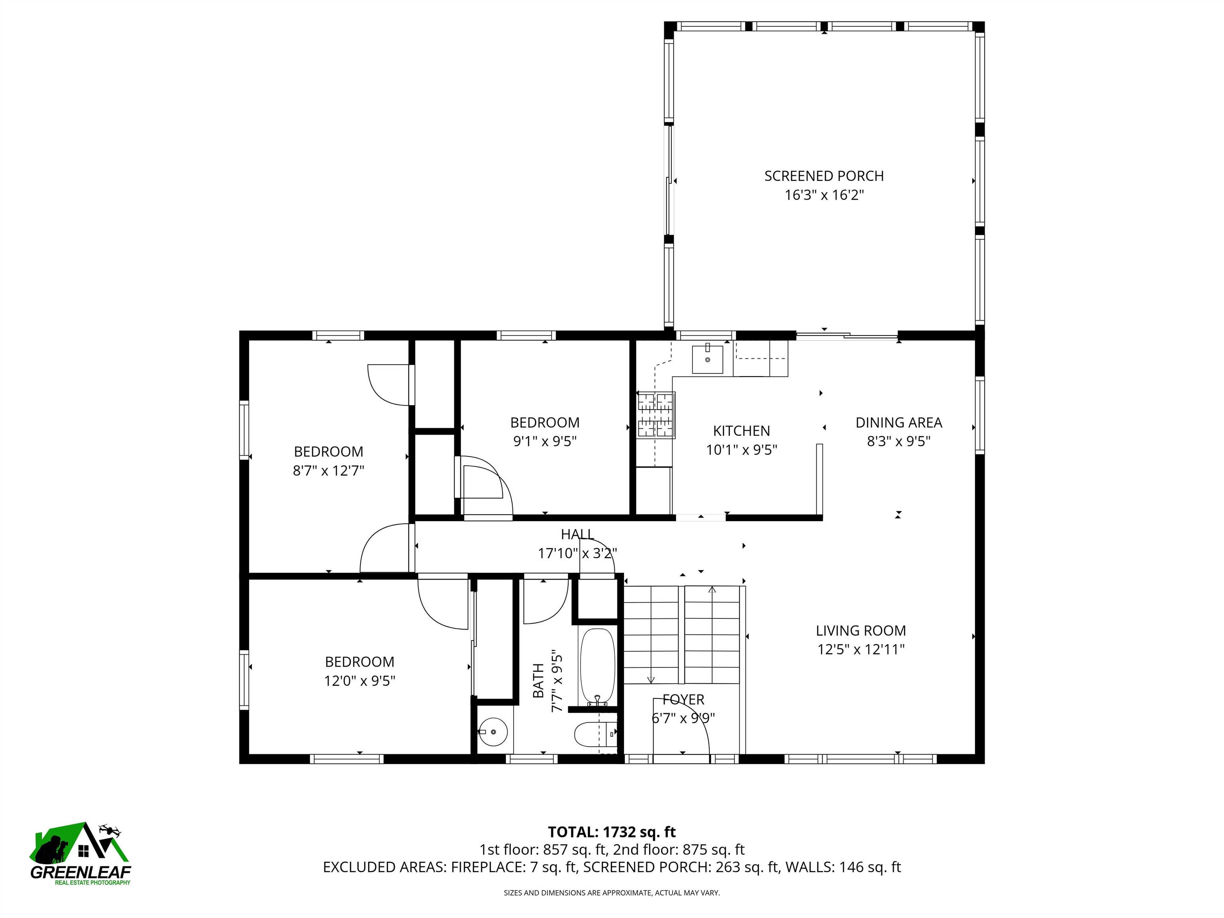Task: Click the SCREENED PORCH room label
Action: click(824, 176)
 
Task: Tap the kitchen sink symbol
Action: click(707, 359)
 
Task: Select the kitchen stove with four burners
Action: click(656, 415)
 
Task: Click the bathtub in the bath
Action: click(597, 666)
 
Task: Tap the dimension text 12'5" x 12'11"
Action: click(861, 649)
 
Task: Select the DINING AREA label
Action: click(898, 423)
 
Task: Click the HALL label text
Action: click(577, 534)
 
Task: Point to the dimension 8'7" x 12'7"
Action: click(328, 470)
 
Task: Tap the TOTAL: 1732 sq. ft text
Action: click(612, 832)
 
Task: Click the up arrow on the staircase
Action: click(712, 590)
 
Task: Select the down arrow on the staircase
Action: click(651, 679)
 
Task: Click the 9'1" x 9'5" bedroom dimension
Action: click(545, 441)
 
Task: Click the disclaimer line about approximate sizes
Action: click(612, 892)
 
